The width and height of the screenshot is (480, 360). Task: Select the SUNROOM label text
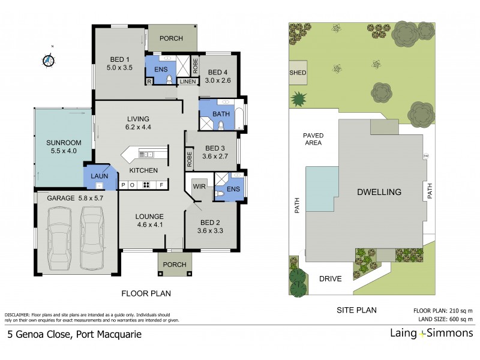pyautogui.click(x=63, y=143)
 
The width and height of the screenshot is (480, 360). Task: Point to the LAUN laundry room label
pyautogui.click(x=99, y=176)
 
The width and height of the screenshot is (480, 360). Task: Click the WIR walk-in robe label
pyautogui.click(x=199, y=187)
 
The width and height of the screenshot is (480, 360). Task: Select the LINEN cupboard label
pyautogui.click(x=187, y=81)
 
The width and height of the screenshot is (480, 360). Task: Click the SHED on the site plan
pyautogui.click(x=298, y=73)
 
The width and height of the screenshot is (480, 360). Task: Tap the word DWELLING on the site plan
pyautogui.click(x=379, y=192)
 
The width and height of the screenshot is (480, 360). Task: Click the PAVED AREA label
pyautogui.click(x=312, y=139)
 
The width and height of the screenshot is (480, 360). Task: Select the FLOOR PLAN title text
pyautogui.click(x=146, y=294)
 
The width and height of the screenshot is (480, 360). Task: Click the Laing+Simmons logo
pyautogui.click(x=430, y=334)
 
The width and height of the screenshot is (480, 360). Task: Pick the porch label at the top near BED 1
pyautogui.click(x=171, y=39)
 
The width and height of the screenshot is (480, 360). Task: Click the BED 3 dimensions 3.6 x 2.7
pyautogui.click(x=215, y=157)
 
